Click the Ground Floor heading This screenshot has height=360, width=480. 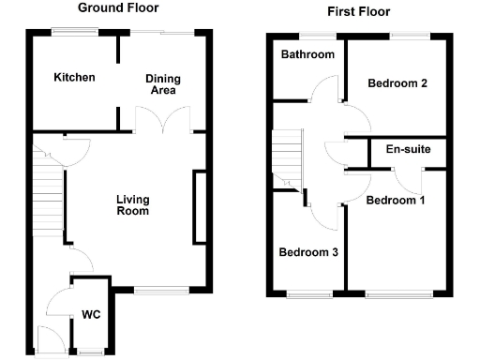pos(117,8)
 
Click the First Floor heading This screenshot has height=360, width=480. pos(358,12)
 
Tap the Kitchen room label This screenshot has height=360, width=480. pos(74,77)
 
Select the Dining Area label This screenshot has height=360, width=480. pos(162,84)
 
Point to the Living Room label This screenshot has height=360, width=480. pos(132,204)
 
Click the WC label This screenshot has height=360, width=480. pos(92,314)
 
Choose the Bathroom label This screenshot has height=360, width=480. pos(307,54)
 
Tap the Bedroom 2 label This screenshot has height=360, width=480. pos(397,83)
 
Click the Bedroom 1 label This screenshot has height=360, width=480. pos(395,200)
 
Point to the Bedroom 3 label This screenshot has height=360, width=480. pos(308,252)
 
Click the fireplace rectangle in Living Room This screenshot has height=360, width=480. pos(200,207)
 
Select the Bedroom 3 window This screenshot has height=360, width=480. pos(308,294)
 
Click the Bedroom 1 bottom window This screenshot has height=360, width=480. pos(399,294)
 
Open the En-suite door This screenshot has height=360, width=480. pos(407,175)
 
